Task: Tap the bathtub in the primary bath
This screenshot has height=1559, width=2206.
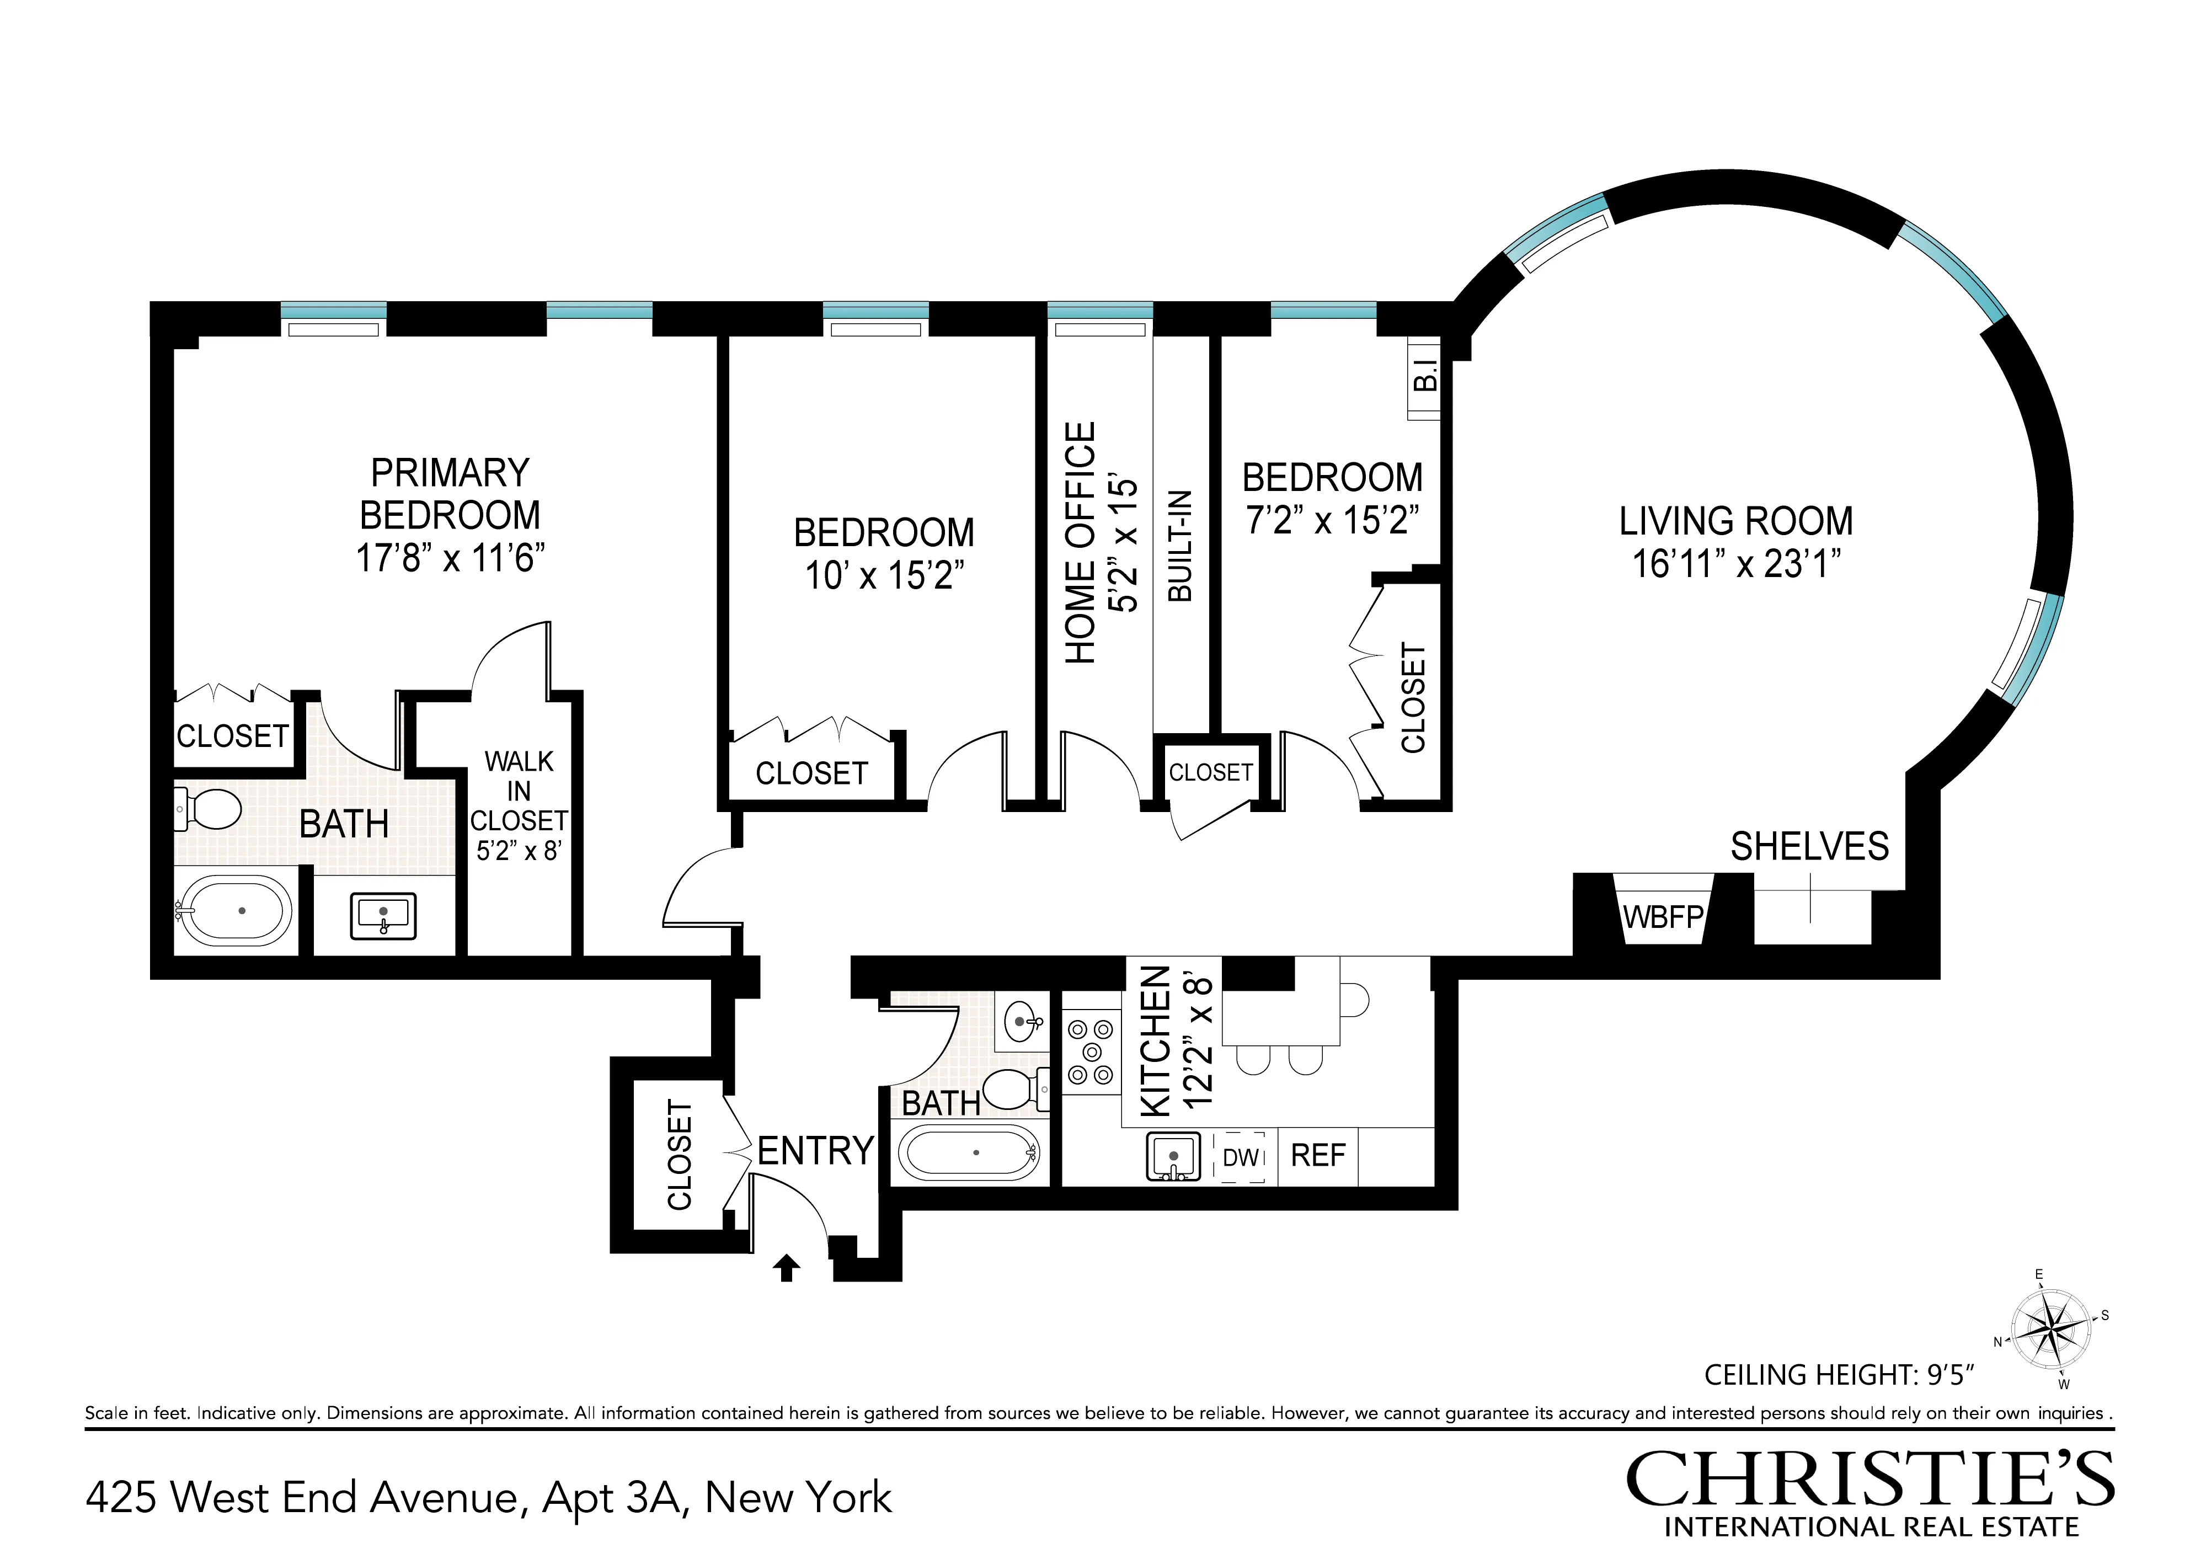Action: coord(237,911)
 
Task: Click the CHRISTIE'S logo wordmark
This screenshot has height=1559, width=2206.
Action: coord(1870,1479)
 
